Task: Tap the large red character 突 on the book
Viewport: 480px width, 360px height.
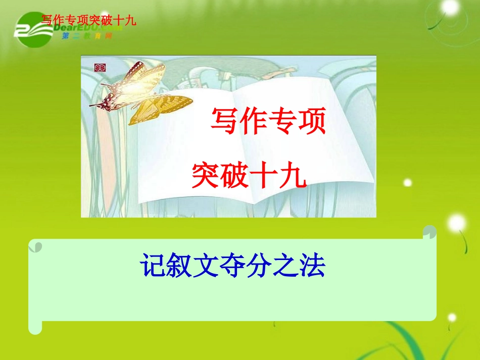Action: pos(205,175)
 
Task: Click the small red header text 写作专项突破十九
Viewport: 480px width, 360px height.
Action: pos(89,21)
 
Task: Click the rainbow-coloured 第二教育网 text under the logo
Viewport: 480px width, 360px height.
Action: pos(86,36)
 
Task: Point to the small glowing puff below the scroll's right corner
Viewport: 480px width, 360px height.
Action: pos(452,318)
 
